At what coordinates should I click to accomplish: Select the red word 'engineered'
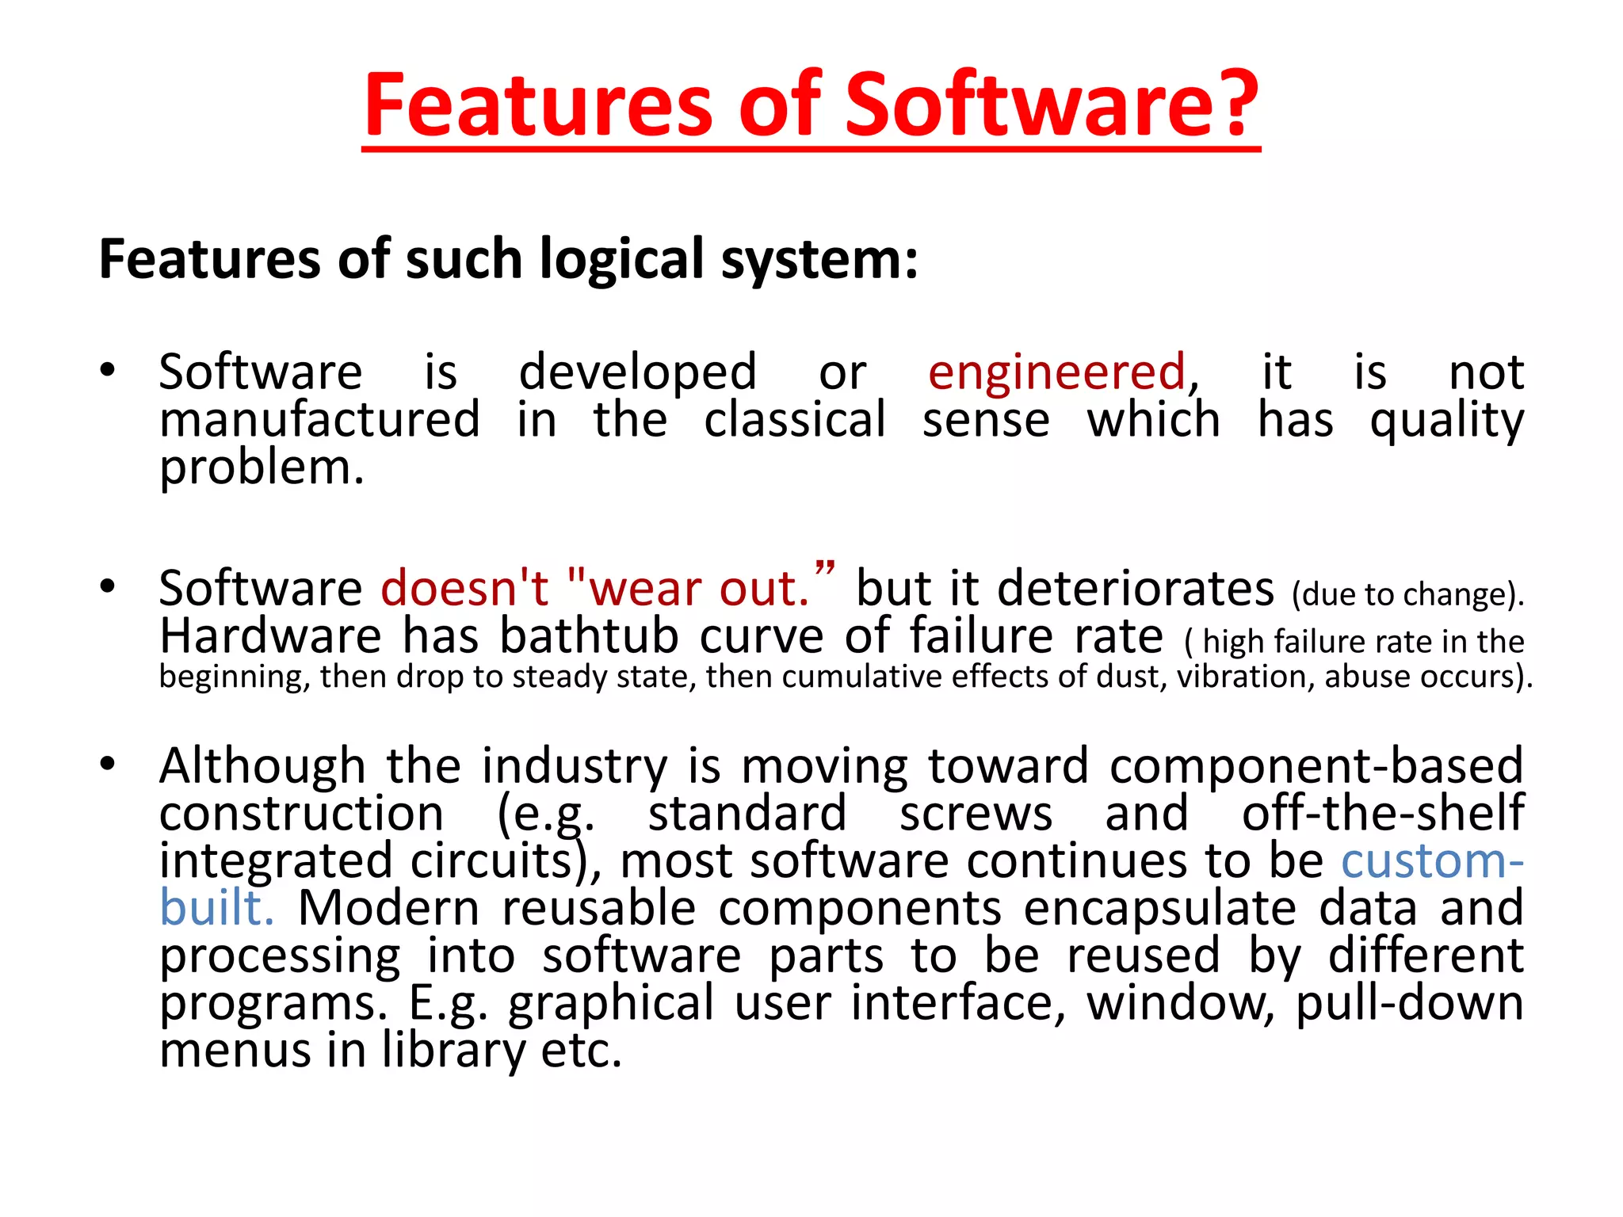click(1056, 372)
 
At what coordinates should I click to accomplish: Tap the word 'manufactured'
click(319, 419)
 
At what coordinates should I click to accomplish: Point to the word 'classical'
click(794, 419)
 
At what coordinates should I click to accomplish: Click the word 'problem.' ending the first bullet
click(262, 467)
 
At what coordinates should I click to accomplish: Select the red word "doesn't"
click(464, 589)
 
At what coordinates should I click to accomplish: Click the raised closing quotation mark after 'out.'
click(825, 569)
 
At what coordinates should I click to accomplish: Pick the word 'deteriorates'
click(1136, 589)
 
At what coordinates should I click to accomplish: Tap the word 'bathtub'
click(589, 635)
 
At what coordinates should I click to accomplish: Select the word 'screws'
click(976, 813)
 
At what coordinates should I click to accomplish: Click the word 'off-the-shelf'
click(1383, 813)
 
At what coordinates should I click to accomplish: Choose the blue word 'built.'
click(216, 908)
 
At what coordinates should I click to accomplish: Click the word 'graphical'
click(611, 1003)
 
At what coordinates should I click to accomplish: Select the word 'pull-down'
click(1410, 1003)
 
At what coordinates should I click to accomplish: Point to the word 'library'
click(453, 1051)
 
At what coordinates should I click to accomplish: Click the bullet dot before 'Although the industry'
click(108, 764)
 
